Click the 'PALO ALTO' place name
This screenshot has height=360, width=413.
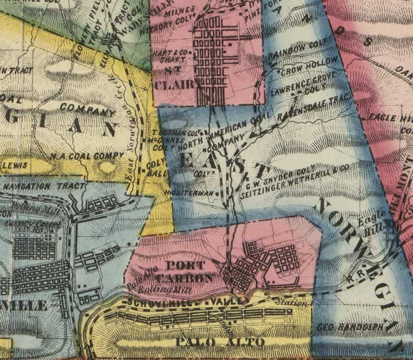click(220, 342)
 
